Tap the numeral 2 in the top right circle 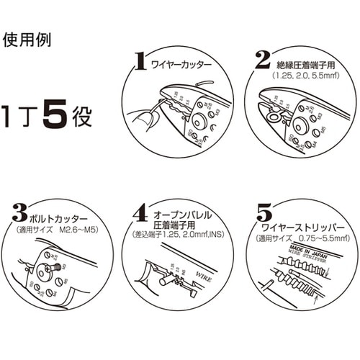(263, 59)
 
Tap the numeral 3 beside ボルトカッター (20, 213)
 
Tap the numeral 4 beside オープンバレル (141, 214)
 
